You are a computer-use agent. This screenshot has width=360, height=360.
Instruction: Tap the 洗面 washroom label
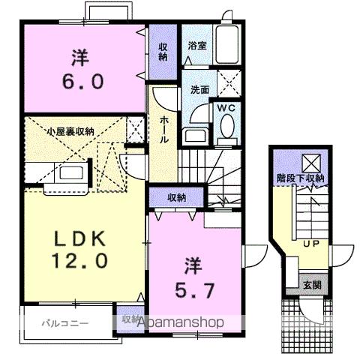[x=199, y=89]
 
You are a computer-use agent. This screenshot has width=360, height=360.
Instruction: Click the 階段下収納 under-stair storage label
[x=298, y=178]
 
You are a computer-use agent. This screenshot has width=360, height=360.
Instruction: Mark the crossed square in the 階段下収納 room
[x=309, y=159]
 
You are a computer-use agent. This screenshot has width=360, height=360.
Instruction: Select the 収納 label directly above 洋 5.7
[x=177, y=197]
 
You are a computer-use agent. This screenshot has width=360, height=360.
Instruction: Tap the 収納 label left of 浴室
[x=163, y=51]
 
